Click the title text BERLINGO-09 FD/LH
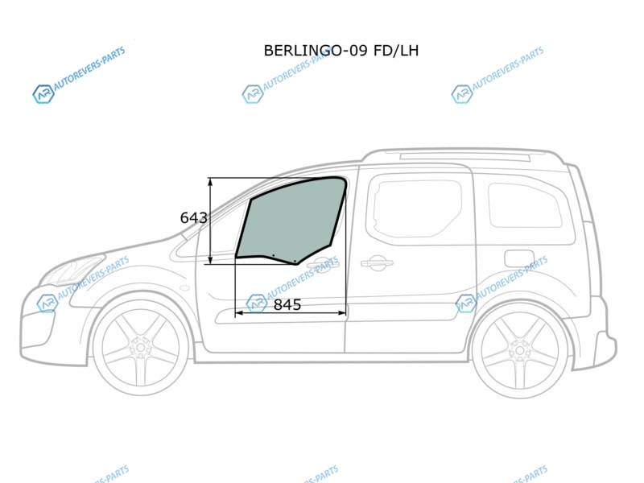coord(341,51)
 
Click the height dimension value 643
coord(193,217)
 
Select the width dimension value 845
coord(287,304)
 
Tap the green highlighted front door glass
coord(291,220)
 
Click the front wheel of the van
coord(141,348)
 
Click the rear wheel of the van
coord(519,350)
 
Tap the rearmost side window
coord(525,205)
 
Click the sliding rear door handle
coord(377,263)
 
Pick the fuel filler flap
coord(519,258)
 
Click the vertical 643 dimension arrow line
coord(210,221)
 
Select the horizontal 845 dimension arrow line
coord(291,313)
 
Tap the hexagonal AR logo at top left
coord(43,94)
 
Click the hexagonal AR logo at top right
coord(461,94)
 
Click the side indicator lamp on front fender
coord(184,288)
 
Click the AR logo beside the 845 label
coord(257,303)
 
